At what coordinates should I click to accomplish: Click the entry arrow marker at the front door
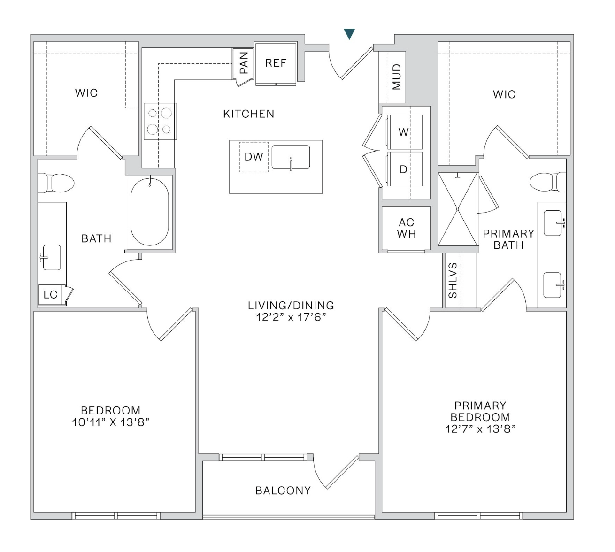click(x=349, y=34)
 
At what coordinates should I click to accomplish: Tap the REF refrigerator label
click(x=276, y=63)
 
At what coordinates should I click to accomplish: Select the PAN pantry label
click(x=244, y=63)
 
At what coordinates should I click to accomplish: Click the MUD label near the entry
click(x=397, y=77)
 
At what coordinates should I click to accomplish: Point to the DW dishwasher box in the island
click(x=254, y=157)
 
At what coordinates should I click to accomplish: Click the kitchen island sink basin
click(x=291, y=157)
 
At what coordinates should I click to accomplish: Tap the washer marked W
click(x=404, y=132)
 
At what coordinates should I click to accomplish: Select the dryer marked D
click(x=404, y=169)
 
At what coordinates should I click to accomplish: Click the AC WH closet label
click(x=407, y=228)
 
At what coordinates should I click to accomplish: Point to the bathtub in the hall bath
click(x=150, y=212)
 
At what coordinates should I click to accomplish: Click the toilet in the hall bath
click(x=56, y=183)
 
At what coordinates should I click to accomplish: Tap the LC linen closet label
click(x=50, y=294)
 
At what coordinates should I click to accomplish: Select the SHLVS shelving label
click(x=453, y=280)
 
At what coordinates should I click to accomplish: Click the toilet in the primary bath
click(x=548, y=182)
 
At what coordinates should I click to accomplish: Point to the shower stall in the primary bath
click(x=458, y=209)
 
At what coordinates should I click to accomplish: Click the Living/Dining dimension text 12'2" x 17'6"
click(x=291, y=317)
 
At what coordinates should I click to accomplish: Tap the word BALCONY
click(x=283, y=491)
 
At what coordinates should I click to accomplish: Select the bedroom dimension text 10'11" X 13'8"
click(x=110, y=422)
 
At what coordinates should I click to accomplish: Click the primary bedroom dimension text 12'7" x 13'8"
click(x=480, y=429)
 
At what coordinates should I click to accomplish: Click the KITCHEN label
click(x=249, y=114)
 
